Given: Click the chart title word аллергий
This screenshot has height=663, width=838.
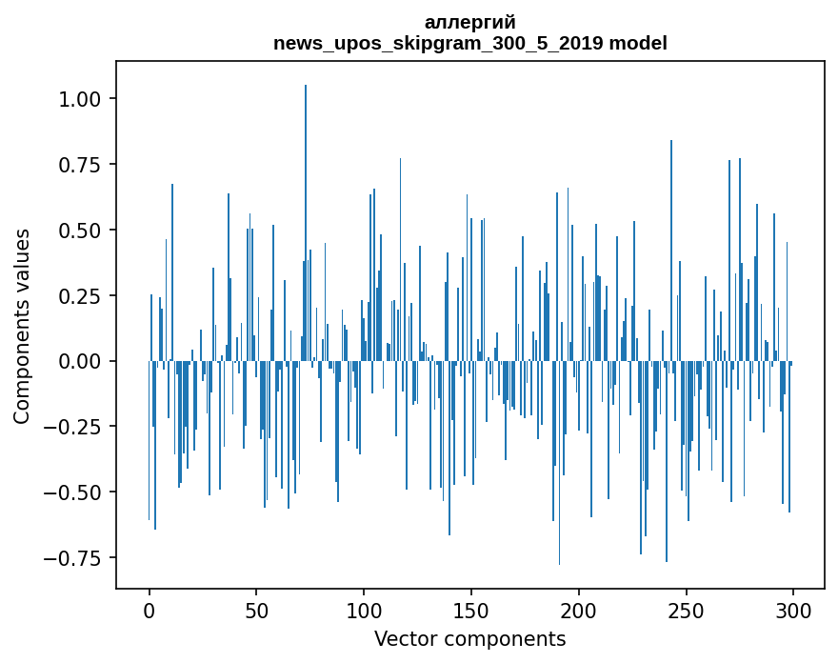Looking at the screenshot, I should (x=470, y=23).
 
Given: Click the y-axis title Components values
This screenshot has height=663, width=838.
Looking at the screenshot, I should (x=22, y=326).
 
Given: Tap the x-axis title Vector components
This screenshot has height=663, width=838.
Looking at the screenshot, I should (x=470, y=639).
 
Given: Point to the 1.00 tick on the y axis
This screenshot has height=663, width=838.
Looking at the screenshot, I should (x=83, y=99).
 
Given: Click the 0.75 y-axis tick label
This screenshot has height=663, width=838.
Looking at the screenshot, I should (x=83, y=165).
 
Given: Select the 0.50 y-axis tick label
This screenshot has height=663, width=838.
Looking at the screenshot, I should (x=83, y=231).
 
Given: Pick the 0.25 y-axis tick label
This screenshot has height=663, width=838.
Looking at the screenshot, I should (x=83, y=296).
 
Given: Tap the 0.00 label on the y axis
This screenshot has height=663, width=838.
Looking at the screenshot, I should (x=83, y=362).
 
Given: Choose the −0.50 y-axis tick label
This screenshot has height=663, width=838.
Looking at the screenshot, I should (x=76, y=492).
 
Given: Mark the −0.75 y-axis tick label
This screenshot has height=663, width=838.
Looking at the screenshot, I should (x=76, y=558).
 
